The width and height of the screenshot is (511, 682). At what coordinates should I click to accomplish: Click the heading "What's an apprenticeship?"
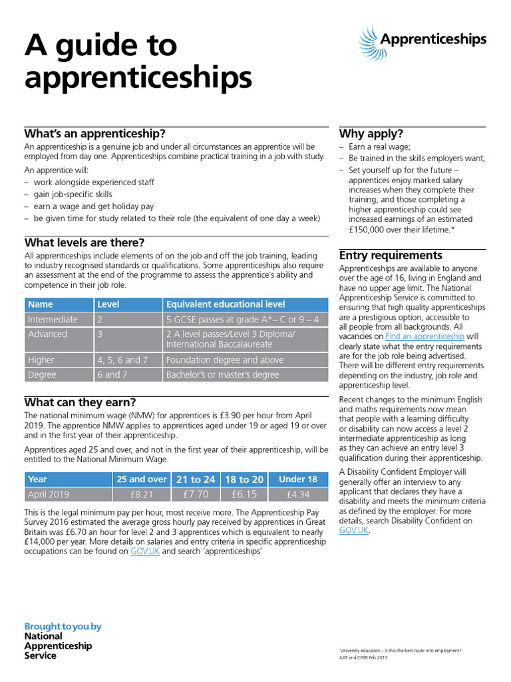pos(94,133)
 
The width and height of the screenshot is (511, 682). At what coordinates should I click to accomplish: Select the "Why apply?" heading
pos(371,133)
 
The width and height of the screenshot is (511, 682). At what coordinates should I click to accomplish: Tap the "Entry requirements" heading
pos(391,255)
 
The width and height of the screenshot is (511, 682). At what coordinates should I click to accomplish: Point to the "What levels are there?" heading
pos(85,242)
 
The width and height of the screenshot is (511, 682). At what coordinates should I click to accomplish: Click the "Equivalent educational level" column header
pos(226,304)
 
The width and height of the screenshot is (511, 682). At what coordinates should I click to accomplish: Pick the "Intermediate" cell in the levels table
pos(53,320)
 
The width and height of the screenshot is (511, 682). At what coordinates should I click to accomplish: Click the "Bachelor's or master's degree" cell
pos(224,374)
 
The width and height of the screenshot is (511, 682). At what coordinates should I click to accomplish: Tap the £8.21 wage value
pos(142,494)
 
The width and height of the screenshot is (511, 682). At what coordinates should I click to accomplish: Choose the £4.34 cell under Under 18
pos(298,494)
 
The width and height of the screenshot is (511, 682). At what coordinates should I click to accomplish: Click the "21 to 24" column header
pos(196,479)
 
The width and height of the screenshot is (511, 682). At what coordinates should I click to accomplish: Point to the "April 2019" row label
pos(48,494)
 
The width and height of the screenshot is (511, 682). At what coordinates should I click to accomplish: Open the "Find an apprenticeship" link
pos(434,336)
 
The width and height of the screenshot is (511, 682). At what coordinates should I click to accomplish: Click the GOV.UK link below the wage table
pos(144,551)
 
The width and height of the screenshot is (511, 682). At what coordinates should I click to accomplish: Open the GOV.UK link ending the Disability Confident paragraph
pos(353,530)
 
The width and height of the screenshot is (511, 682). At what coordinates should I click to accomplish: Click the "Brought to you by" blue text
pos(63,626)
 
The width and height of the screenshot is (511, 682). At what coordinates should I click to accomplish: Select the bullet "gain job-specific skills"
pos(73,194)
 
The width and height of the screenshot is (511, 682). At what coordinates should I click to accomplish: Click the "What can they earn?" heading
pos(80,402)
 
